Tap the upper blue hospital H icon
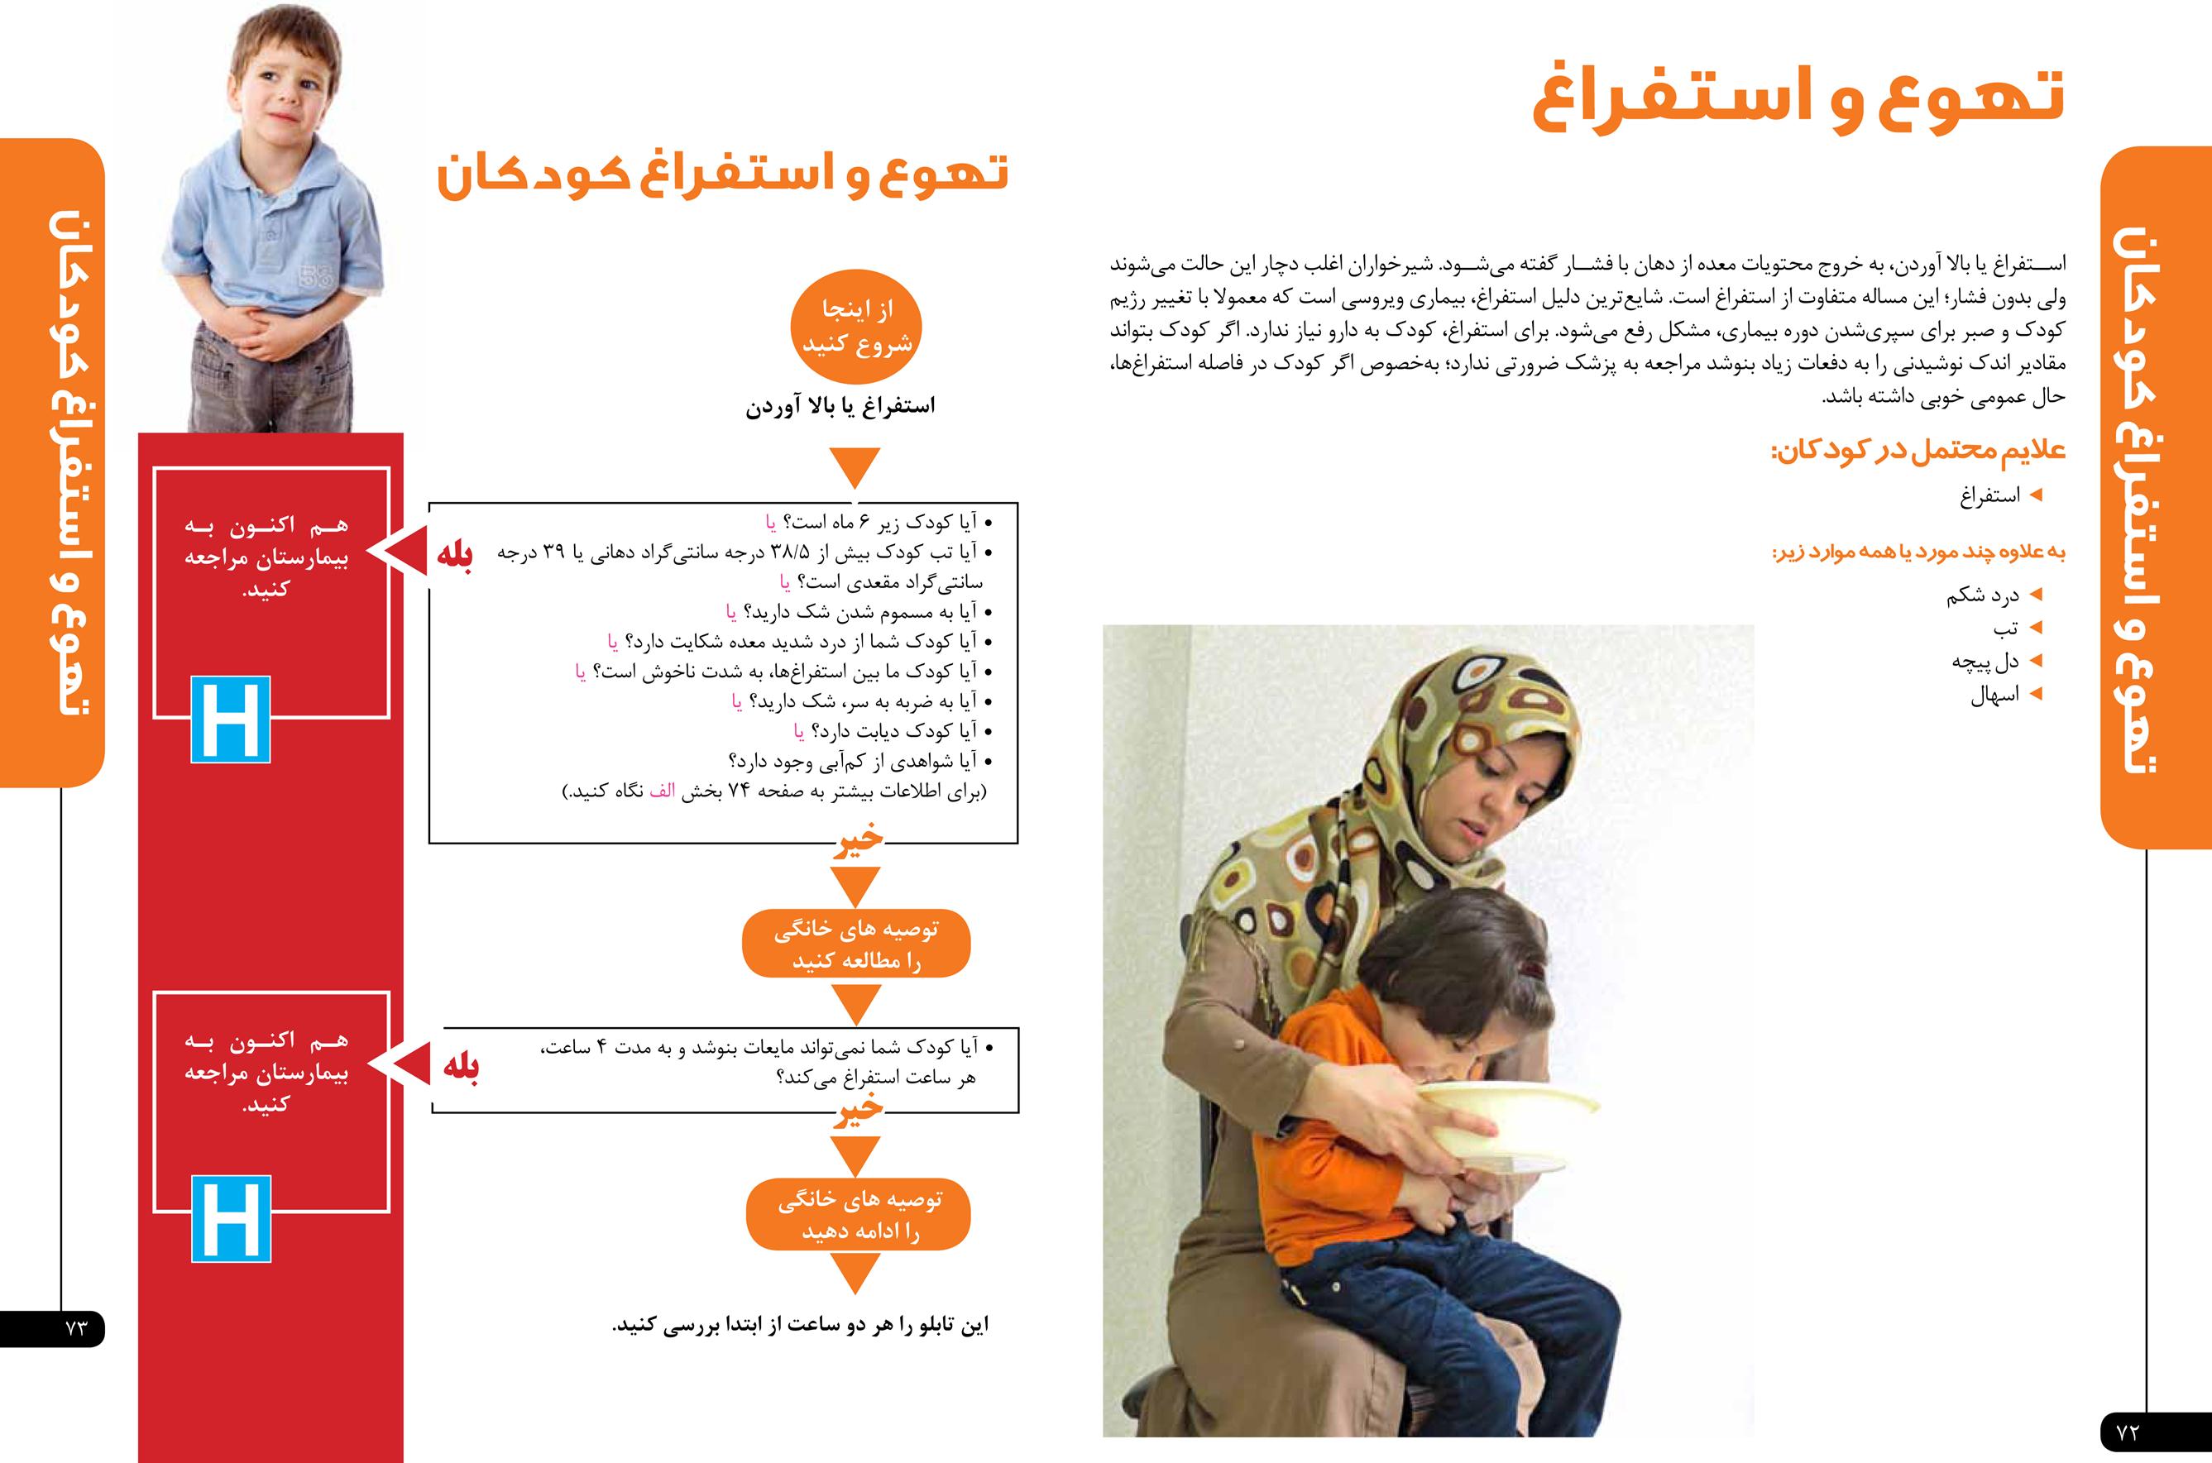231,720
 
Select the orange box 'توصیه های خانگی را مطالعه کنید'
856,944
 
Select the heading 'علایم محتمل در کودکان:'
1918,452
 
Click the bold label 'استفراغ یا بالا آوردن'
840,407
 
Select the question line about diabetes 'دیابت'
887,731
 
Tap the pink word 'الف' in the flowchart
662,791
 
